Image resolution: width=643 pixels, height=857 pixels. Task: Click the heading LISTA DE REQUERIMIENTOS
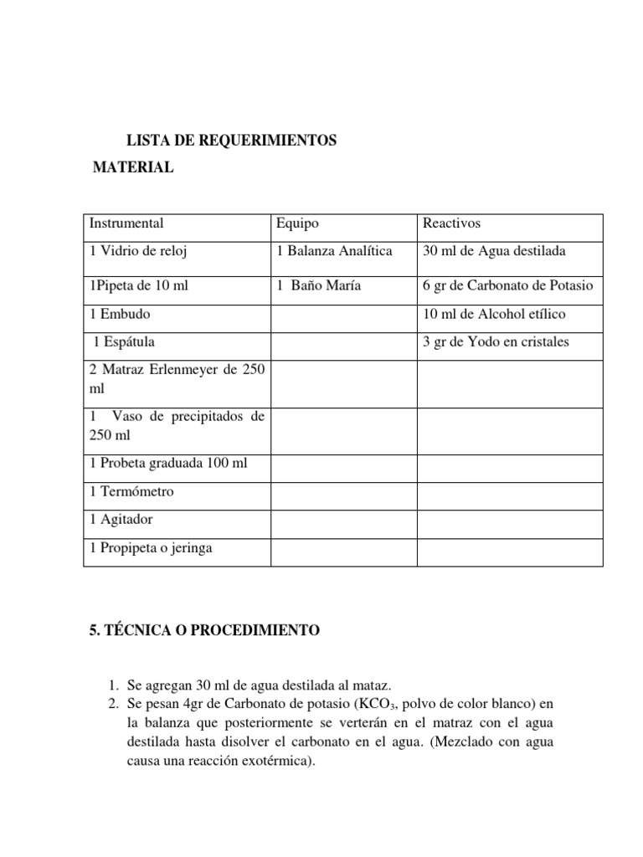coord(230,141)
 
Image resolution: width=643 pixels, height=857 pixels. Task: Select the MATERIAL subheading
coord(133,167)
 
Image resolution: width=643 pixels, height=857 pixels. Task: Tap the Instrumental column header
coord(126,223)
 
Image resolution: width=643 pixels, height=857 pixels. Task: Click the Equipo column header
coord(297,223)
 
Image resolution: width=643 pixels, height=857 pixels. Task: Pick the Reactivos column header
coord(452,223)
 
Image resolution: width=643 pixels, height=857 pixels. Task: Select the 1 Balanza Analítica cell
coord(334,251)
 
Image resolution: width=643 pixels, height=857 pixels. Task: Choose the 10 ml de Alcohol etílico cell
coord(495,314)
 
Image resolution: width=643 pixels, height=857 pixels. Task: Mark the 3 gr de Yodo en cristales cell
coord(496,341)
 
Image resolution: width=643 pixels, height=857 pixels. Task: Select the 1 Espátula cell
coord(124,341)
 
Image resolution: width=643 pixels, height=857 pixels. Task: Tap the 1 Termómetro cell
coord(131,491)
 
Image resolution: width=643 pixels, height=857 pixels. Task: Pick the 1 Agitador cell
coord(121,520)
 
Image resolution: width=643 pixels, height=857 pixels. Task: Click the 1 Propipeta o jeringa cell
coord(151,548)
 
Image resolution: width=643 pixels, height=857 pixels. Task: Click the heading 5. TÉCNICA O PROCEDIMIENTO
coord(203,630)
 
